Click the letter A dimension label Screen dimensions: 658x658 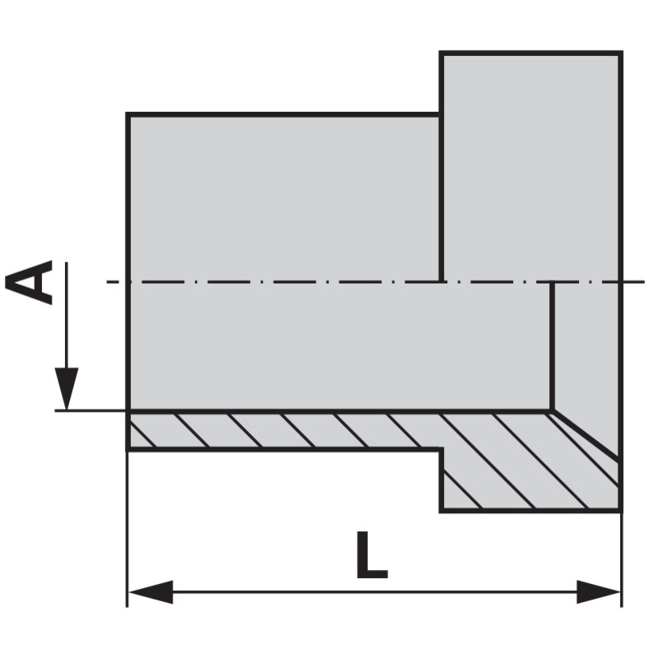point(29,282)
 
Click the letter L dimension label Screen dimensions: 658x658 point(372,554)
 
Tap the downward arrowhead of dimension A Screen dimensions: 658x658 point(67,388)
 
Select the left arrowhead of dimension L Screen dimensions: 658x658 point(151,592)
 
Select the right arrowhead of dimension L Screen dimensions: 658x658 point(599,592)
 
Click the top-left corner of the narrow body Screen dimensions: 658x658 point(127,114)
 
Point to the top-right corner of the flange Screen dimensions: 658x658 point(621,53)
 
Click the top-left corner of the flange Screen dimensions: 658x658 point(441,53)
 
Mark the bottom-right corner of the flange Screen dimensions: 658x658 point(621,511)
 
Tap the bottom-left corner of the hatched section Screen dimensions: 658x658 point(127,449)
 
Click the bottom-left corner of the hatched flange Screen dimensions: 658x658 point(441,511)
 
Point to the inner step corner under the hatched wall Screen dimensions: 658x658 point(441,449)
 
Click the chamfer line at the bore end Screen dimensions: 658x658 point(586,434)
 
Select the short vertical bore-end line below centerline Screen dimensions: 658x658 point(552,346)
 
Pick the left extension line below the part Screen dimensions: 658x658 point(127,529)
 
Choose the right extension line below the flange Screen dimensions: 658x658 point(622,559)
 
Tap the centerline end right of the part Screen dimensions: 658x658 point(644,281)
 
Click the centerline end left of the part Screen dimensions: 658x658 point(107,281)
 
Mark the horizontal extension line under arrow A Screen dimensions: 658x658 point(90,410)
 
